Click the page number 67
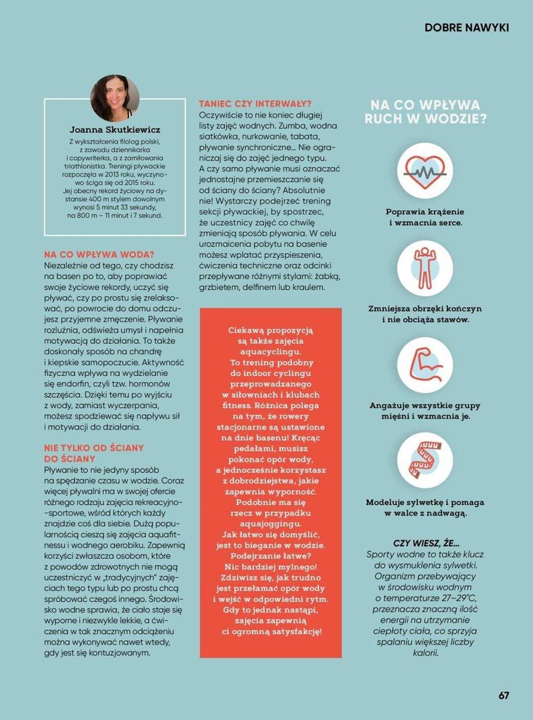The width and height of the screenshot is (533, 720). (x=503, y=695)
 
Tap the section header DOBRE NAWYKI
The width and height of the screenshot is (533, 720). (x=466, y=27)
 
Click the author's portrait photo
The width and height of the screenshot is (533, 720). (x=115, y=98)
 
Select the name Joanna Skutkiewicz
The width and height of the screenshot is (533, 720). (x=115, y=130)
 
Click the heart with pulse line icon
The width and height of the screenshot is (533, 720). (x=425, y=171)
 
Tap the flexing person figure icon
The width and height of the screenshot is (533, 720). (x=425, y=268)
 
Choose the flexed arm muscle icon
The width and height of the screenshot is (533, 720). (x=425, y=364)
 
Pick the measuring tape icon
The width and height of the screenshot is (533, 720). (x=425, y=460)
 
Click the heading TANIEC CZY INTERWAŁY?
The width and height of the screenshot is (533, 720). (x=255, y=104)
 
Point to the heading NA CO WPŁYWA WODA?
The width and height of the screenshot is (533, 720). (x=99, y=255)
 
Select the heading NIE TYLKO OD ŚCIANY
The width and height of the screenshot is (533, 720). (x=94, y=448)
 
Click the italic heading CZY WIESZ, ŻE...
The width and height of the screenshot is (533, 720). (x=426, y=543)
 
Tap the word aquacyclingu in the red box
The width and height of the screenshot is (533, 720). (x=270, y=351)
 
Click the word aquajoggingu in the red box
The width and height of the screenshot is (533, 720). (x=270, y=524)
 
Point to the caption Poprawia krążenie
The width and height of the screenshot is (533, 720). (x=425, y=211)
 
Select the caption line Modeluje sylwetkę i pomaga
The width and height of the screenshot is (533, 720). (x=425, y=502)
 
